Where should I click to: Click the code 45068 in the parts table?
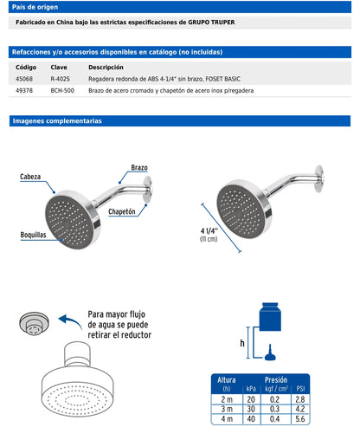pos(24,79)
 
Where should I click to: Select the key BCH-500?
pos(62,90)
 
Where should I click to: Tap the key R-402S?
pos(61,79)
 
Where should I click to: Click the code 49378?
pos(24,90)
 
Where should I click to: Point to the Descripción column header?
pos(106,68)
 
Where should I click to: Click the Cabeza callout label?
pos(30,177)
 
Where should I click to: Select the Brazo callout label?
pos(139,167)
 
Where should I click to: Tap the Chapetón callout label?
pos(122,211)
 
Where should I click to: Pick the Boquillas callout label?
pos(33,235)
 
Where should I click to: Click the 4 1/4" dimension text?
pos(209,230)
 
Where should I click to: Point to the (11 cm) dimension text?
pos(209,239)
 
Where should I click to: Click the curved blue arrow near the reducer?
pos(70,321)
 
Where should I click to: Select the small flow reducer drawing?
pos(34,323)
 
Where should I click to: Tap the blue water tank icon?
pos(270,317)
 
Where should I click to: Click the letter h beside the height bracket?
pos(242,343)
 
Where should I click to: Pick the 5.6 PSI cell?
pos(300,418)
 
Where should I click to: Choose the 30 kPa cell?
pos(251,409)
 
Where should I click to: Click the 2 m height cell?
pos(227,399)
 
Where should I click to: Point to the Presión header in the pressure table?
pos(276,379)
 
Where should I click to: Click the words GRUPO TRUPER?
pos(211,23)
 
